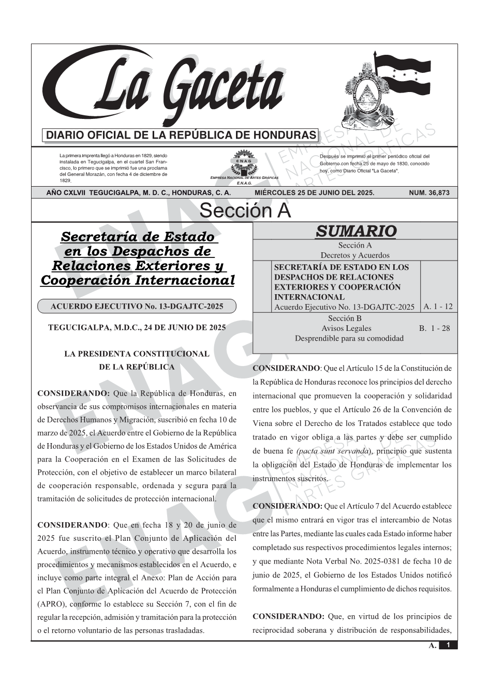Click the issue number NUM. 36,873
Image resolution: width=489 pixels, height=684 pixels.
429,193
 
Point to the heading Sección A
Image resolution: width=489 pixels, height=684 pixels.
245,211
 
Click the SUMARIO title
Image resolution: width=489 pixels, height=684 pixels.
355,231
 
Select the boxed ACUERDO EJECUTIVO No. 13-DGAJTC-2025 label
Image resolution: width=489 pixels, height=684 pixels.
137,307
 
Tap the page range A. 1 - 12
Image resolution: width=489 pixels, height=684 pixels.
438,307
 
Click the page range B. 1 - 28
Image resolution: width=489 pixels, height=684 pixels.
435,328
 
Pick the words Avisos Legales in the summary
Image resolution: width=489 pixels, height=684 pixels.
346,328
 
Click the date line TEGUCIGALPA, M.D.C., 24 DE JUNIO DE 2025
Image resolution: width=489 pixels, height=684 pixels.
137,328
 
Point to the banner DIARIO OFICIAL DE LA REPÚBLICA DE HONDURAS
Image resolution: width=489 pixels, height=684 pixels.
181,135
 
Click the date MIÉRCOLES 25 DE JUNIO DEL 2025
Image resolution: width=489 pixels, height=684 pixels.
314,193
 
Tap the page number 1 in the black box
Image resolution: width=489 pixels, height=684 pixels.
448,645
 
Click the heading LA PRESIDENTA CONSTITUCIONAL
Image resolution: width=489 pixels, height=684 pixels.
137,354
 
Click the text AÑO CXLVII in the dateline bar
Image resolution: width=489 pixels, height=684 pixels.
66,193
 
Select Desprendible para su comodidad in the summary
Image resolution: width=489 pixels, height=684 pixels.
349,339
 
